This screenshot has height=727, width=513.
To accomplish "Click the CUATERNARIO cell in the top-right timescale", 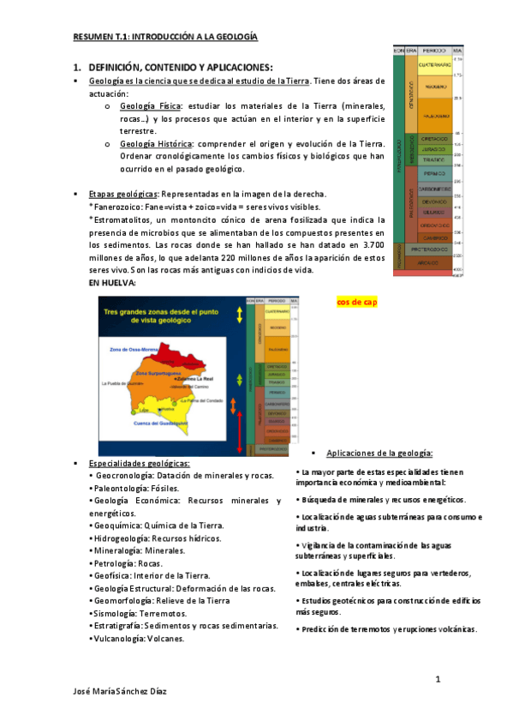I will [436, 64].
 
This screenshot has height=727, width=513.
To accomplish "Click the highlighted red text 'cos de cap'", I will [356, 303].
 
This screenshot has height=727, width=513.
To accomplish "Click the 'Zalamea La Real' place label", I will [196, 378].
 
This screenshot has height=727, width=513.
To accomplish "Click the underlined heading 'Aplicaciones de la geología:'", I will [379, 453].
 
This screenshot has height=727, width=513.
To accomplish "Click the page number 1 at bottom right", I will [437, 680].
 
